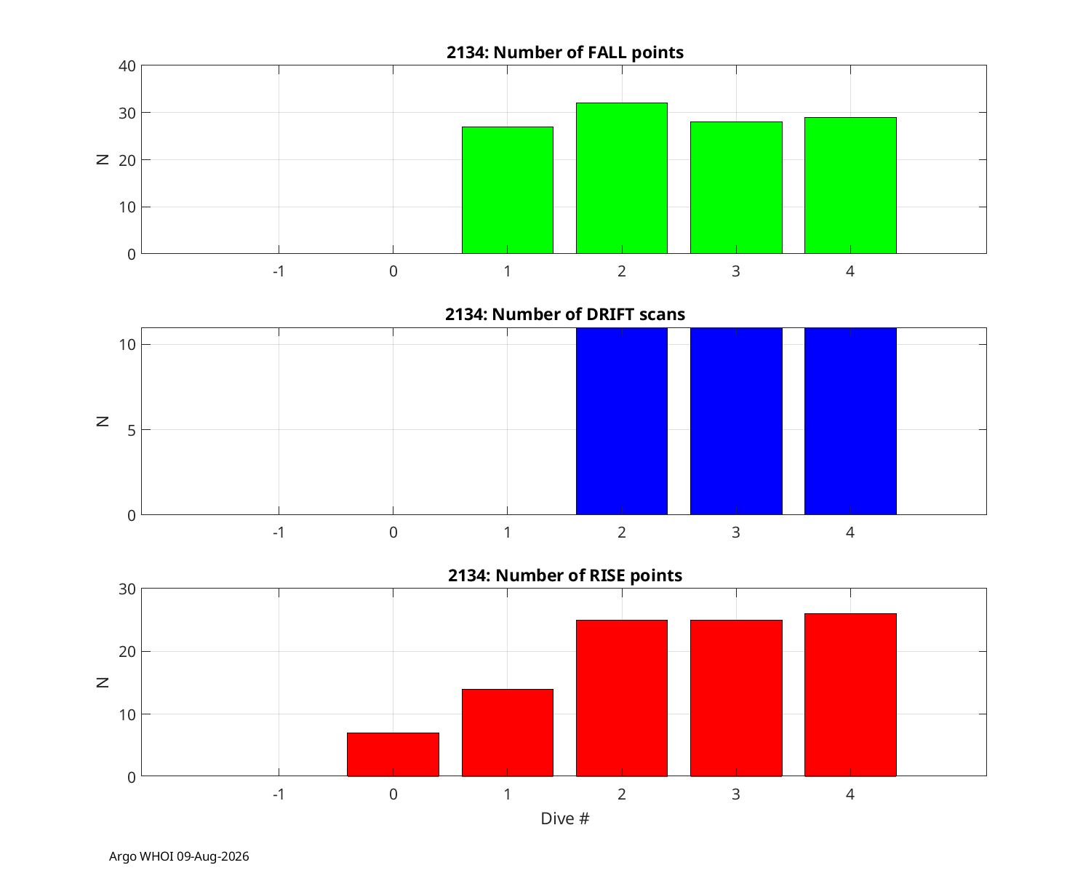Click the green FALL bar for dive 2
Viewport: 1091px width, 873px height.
point(622,178)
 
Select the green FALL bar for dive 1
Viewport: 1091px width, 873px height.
point(508,190)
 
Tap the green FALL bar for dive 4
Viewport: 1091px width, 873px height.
point(850,186)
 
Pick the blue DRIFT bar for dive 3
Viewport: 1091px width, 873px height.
point(736,421)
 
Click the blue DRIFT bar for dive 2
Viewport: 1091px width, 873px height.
point(622,421)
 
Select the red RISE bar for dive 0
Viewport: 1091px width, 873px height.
point(393,755)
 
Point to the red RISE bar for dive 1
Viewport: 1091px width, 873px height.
point(508,733)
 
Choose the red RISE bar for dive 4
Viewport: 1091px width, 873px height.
point(850,695)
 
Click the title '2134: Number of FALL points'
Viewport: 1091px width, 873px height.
point(564,53)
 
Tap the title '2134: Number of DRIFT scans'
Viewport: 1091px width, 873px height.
point(564,314)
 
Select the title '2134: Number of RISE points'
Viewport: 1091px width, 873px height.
point(564,575)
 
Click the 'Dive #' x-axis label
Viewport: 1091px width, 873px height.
point(564,818)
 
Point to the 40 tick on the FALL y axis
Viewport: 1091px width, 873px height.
point(127,66)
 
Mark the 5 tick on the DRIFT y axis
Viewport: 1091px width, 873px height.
point(132,430)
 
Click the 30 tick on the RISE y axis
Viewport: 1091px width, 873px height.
point(127,589)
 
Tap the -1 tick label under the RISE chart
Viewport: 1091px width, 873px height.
point(279,794)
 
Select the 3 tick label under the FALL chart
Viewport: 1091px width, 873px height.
point(736,271)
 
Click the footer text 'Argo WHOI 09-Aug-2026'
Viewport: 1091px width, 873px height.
point(179,856)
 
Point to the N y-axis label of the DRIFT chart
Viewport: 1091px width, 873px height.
point(103,421)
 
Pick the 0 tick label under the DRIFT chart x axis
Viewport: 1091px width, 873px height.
point(393,533)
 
